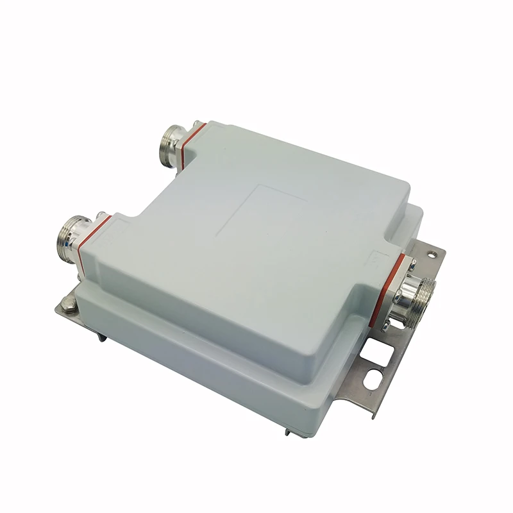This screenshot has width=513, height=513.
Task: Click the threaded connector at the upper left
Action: pyautogui.click(x=171, y=144)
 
